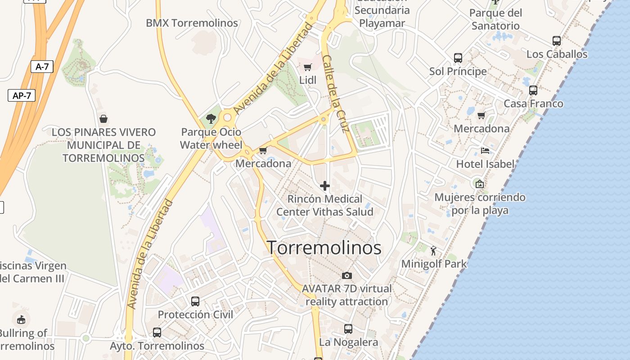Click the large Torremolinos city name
[324, 248]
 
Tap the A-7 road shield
[42, 67]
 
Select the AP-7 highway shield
[22, 95]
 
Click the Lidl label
[308, 80]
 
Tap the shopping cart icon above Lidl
[308, 67]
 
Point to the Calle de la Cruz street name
[336, 94]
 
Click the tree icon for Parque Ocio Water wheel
[211, 119]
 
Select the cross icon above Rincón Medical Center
[324, 186]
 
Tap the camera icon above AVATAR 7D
[347, 275]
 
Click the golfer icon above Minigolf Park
[434, 251]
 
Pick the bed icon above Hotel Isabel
[485, 151]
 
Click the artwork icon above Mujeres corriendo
[480, 184]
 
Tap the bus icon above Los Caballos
[557, 41]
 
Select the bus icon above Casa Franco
[533, 90]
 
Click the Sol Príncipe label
[458, 71]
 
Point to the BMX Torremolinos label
[192, 23]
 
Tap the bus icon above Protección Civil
[195, 301]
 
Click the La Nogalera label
[348, 342]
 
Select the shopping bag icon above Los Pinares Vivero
[103, 119]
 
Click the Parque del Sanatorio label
[495, 19]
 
